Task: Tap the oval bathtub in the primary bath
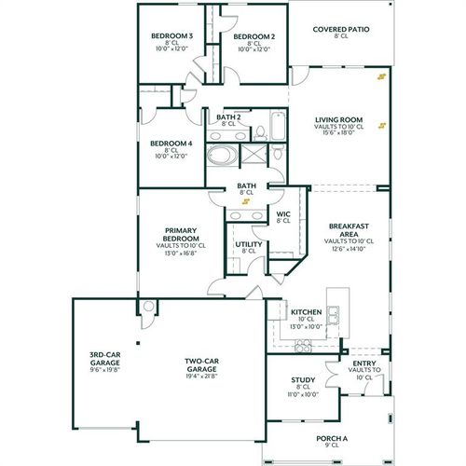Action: point(222,156)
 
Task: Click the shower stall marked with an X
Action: point(253,155)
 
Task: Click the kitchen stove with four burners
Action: point(303,346)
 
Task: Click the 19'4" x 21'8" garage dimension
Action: point(200,376)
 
